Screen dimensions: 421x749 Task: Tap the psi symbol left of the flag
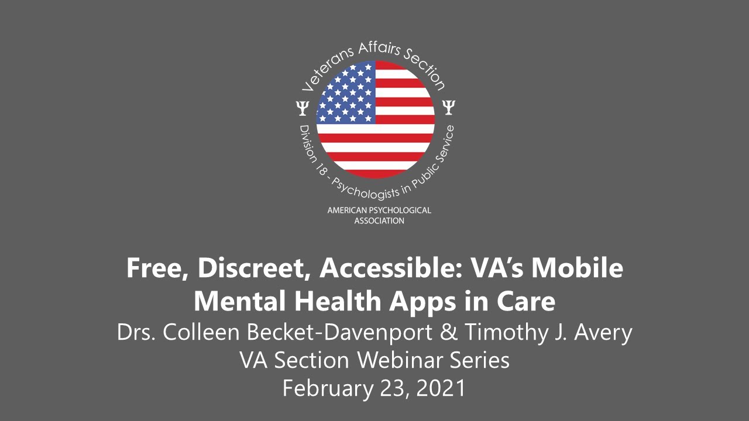[x=302, y=108]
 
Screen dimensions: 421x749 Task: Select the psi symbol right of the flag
[x=449, y=107]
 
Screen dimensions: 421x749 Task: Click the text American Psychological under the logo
[x=379, y=210]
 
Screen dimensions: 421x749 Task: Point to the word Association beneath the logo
[x=379, y=221]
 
